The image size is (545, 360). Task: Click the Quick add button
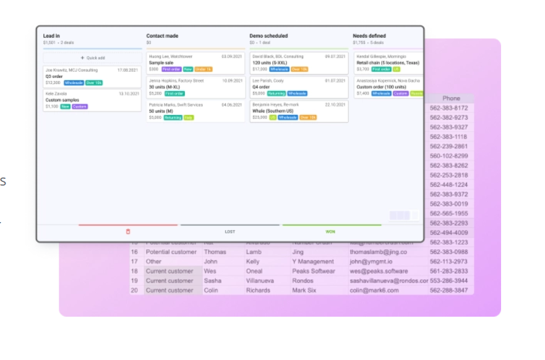pyautogui.click(x=93, y=58)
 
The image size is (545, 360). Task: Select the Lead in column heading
pyautogui.click(x=52, y=36)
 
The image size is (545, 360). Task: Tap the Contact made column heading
pyautogui.click(x=162, y=36)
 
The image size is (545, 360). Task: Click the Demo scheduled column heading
pyautogui.click(x=268, y=36)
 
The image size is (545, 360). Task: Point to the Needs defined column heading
pyautogui.click(x=369, y=36)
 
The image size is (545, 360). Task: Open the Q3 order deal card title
pyautogui.click(x=54, y=76)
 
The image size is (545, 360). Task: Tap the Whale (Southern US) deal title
pyautogui.click(x=273, y=111)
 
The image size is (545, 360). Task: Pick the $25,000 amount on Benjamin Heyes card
pyautogui.click(x=260, y=117)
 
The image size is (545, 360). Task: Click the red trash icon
pyautogui.click(x=128, y=231)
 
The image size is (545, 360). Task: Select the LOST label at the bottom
pyautogui.click(x=230, y=231)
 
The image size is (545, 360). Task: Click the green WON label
pyautogui.click(x=331, y=231)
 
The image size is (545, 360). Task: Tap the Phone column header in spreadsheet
pyautogui.click(x=451, y=98)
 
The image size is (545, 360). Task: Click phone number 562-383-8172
pyautogui.click(x=448, y=108)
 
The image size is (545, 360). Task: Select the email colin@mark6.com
pyautogui.click(x=374, y=290)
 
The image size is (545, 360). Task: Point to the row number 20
pyautogui.click(x=134, y=290)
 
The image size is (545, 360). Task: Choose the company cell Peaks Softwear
pyautogui.click(x=314, y=271)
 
